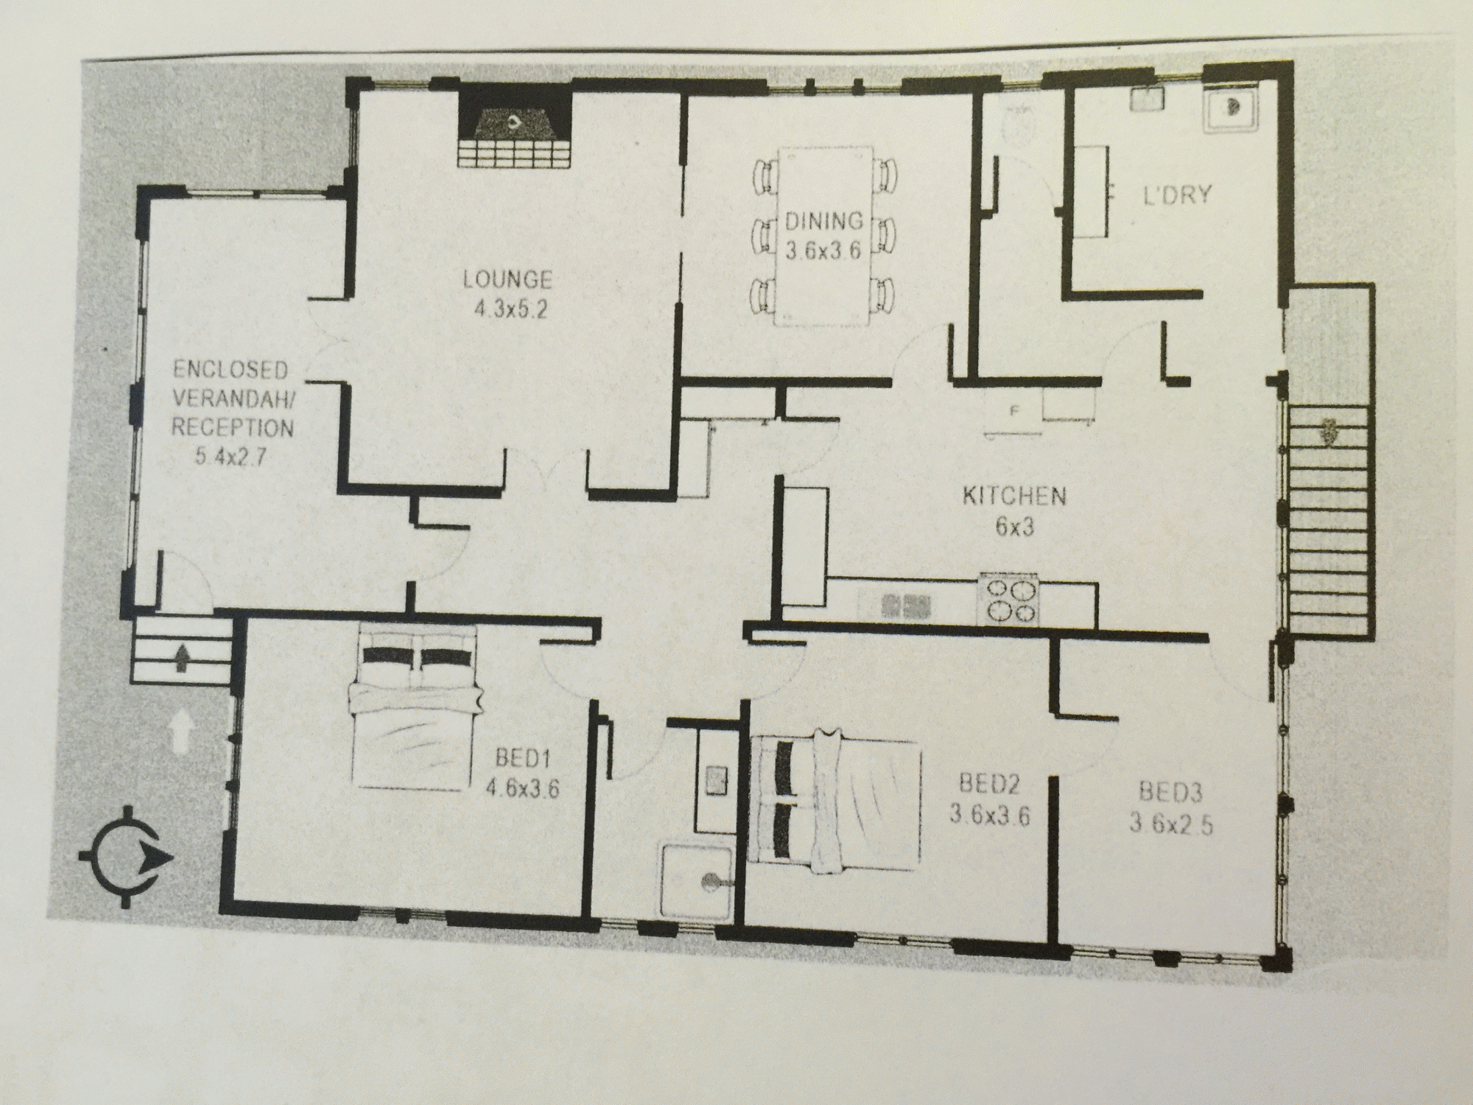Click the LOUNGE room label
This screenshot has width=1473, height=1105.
(507, 279)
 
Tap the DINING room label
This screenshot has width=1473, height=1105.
(823, 220)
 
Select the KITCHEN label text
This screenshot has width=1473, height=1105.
(1014, 496)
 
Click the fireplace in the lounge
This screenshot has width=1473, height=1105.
(515, 127)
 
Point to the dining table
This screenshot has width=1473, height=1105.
(823, 236)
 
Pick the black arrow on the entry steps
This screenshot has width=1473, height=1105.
(180, 656)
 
